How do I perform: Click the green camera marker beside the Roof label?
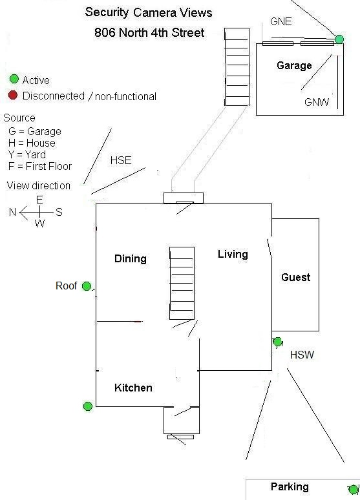click(x=87, y=286)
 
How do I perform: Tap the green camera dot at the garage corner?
click(x=339, y=39)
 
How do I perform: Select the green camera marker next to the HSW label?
click(x=278, y=342)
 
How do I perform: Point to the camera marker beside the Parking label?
click(x=354, y=489)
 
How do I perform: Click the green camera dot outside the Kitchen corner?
click(x=88, y=406)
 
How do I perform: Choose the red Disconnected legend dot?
click(x=13, y=95)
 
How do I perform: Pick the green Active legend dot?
click(x=14, y=79)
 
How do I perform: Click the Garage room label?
click(x=294, y=65)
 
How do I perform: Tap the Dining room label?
click(x=131, y=258)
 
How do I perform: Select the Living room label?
click(x=233, y=254)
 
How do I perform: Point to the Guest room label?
click(x=296, y=277)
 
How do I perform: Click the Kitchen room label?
click(x=133, y=388)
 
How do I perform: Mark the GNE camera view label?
click(x=281, y=21)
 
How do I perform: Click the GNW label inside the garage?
click(x=317, y=102)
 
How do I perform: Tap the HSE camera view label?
click(x=121, y=160)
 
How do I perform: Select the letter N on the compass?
click(x=12, y=212)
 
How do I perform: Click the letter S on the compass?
click(x=59, y=212)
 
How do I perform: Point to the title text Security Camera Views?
click(x=149, y=12)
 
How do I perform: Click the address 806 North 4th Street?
click(x=149, y=32)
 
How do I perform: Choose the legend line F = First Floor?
click(x=40, y=166)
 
